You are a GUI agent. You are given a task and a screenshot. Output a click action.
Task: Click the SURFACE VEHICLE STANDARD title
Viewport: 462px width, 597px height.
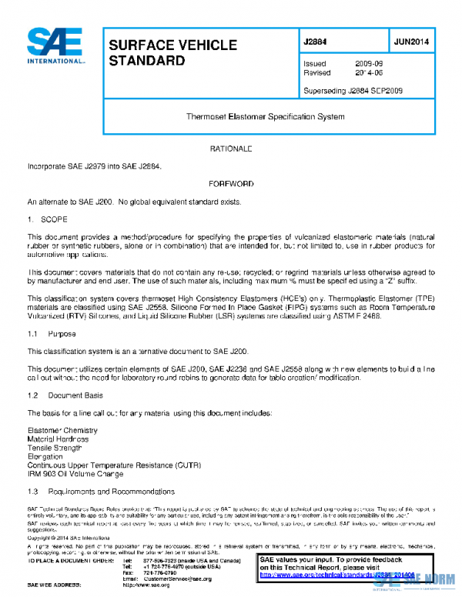pos(172,52)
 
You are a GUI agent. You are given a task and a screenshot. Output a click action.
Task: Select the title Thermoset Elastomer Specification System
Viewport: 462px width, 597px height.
pos(266,117)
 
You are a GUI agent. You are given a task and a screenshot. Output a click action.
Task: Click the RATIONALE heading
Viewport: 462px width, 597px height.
pos(231,147)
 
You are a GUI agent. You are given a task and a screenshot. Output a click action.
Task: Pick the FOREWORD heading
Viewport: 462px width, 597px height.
pos(231,184)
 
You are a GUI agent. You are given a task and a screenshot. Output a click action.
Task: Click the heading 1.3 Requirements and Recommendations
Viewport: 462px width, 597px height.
pos(101,491)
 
